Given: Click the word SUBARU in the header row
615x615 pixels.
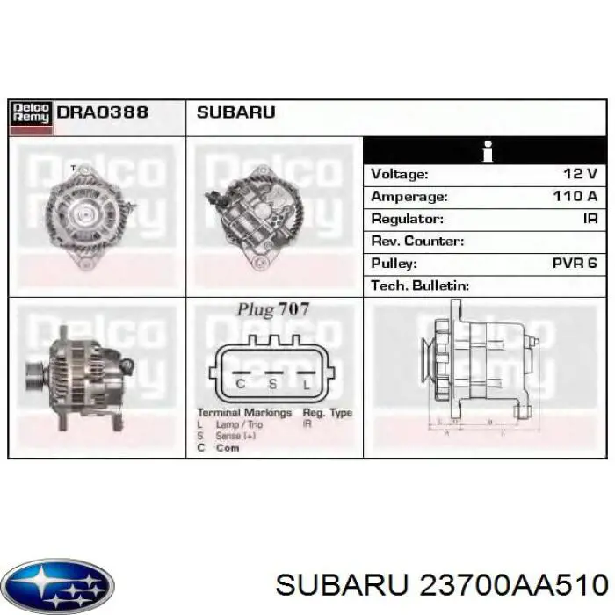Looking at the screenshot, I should point(235,112).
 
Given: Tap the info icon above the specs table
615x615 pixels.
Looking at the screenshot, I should point(487,151).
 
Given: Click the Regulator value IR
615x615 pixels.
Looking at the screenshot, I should point(590,219).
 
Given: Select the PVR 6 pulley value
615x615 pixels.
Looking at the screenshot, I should point(575,264).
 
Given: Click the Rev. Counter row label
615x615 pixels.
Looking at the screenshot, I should point(417,242).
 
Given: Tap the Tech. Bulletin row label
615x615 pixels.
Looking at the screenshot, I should point(420,286).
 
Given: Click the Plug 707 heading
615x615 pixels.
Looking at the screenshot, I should point(272,310).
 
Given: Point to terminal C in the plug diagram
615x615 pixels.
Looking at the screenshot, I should point(240,383).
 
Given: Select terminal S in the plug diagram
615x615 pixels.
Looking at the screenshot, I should point(273,383).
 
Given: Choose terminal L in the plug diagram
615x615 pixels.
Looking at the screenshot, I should point(306,383).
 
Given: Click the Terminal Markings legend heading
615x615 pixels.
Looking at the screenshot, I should point(243,413).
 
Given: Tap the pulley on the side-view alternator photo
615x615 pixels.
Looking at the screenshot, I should point(34,378).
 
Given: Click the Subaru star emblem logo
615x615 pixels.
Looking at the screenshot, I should point(57,584).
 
